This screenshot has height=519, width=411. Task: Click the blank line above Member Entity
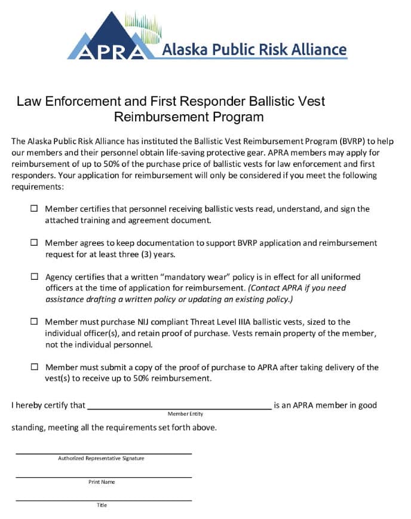(x=179, y=408)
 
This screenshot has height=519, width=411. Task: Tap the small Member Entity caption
(x=185, y=414)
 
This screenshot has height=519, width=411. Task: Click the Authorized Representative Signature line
(x=103, y=453)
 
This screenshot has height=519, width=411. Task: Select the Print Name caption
(x=102, y=482)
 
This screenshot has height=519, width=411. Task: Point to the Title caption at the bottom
(x=102, y=505)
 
